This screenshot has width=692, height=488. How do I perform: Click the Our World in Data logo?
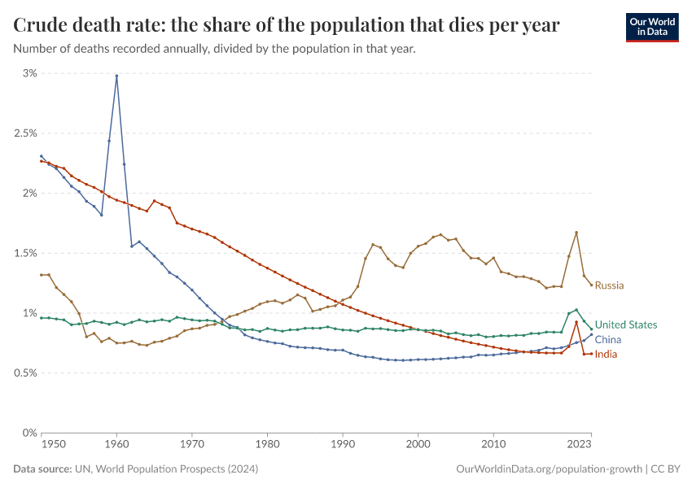(x=651, y=27)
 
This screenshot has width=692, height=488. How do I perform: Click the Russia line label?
(x=609, y=285)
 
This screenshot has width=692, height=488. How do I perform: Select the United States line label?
(x=625, y=325)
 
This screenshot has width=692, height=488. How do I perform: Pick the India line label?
(x=606, y=354)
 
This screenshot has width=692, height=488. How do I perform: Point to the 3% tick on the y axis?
(x=29, y=73)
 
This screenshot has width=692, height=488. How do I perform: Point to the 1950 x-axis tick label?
(x=54, y=445)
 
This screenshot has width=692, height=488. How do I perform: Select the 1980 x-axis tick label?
(x=267, y=445)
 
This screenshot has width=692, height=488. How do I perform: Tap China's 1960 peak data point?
(x=116, y=76)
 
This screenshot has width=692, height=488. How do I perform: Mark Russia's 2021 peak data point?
(x=576, y=233)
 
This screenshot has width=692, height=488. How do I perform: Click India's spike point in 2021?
(x=576, y=322)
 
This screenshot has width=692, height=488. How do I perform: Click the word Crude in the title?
(x=42, y=25)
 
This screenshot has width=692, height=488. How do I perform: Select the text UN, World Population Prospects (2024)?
(x=168, y=469)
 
